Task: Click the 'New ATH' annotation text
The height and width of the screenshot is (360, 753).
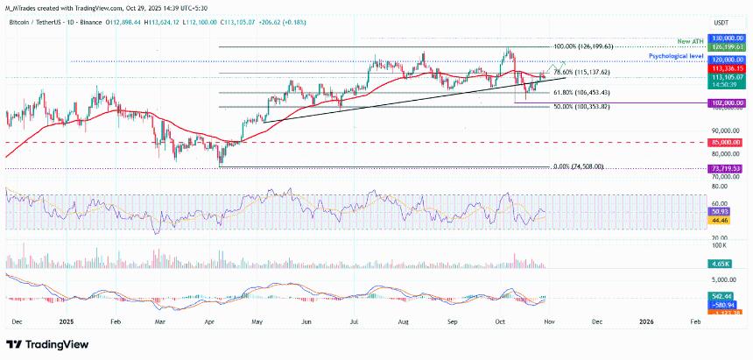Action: pyautogui.click(x=692, y=41)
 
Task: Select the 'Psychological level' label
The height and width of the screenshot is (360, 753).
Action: pyautogui.click(x=678, y=55)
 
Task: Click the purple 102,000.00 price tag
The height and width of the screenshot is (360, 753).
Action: pyautogui.click(x=727, y=102)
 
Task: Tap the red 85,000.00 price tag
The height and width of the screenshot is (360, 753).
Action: pyautogui.click(x=727, y=142)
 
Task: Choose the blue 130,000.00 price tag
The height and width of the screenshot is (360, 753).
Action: pyautogui.click(x=727, y=39)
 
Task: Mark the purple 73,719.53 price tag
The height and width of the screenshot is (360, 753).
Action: pyautogui.click(x=727, y=167)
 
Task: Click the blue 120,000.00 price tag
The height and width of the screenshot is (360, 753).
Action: pyautogui.click(x=727, y=60)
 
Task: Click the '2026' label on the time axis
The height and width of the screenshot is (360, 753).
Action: pyautogui.click(x=644, y=321)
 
